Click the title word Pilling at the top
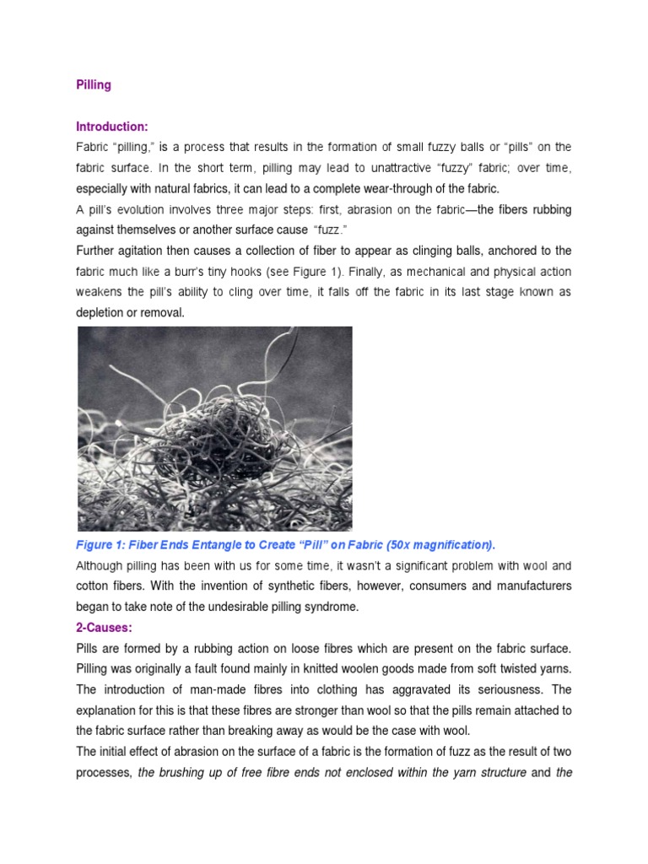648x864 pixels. pos(94,85)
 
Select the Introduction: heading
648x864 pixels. pos(112,127)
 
